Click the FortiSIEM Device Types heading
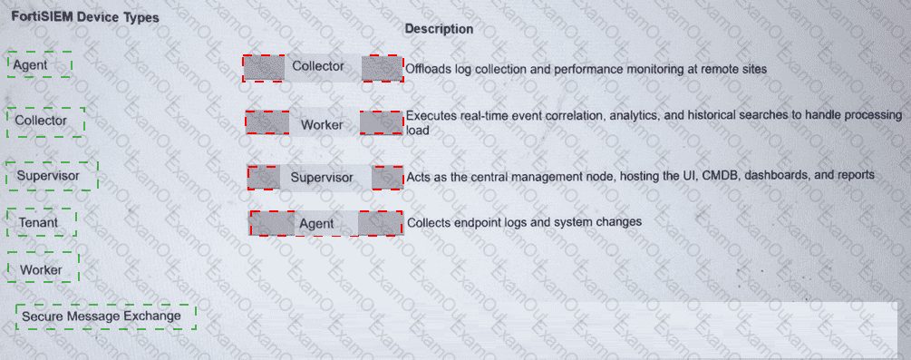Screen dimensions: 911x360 [x=85, y=17]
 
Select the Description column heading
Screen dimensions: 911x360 [x=439, y=28]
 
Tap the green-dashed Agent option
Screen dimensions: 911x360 [x=40, y=64]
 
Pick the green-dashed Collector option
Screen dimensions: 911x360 [x=46, y=122]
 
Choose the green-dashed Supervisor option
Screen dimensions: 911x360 [x=52, y=176]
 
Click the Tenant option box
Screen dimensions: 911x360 [x=42, y=223]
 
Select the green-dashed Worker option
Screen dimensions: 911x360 [x=43, y=268]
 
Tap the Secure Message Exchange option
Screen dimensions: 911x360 [x=106, y=316]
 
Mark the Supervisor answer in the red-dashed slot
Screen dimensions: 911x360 [x=325, y=178]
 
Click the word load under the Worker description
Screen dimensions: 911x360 [x=417, y=131]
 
